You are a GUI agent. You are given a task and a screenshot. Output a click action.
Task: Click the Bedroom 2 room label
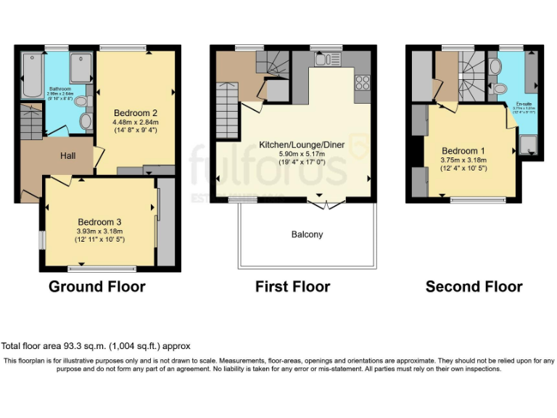point(136,112)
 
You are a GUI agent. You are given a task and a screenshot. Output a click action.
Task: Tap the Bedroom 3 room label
point(99,221)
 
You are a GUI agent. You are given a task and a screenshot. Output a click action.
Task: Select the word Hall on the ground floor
point(68,155)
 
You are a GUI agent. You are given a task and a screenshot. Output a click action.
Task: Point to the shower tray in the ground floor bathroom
point(81,67)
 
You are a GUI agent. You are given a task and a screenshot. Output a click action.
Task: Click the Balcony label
point(307,234)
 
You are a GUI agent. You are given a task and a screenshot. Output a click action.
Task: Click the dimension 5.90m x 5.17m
point(292,154)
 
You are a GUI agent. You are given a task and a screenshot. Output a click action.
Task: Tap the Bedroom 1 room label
point(463,151)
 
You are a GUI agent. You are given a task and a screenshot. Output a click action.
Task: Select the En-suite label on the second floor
point(524,104)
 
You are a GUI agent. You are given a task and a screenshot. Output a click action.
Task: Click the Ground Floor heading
point(96,287)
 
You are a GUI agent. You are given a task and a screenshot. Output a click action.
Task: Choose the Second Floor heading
point(474,287)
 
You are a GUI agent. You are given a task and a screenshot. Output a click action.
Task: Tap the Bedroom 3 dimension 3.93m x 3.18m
point(99,231)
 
